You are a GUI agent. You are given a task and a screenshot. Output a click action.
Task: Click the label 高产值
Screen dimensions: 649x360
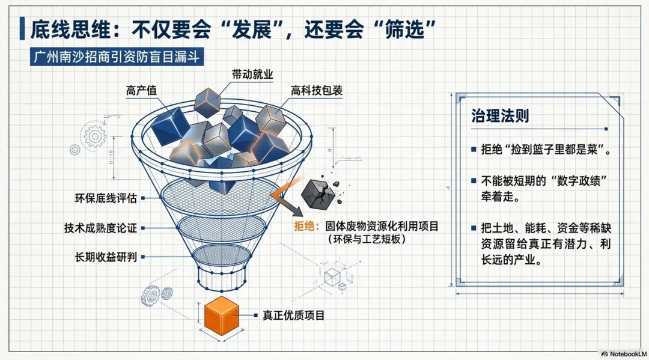[142, 91]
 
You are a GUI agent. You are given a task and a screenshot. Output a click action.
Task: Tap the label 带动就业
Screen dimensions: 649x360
[252, 75]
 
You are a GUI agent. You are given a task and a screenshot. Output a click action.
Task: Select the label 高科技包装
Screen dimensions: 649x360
[317, 91]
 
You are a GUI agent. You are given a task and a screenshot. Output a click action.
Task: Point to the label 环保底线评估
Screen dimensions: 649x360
[106, 198]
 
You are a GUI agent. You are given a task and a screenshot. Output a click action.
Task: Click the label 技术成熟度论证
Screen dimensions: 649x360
[100, 228]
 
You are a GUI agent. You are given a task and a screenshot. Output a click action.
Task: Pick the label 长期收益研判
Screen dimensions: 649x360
[106, 257]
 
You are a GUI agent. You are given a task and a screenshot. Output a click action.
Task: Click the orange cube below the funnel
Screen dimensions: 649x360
[222, 316]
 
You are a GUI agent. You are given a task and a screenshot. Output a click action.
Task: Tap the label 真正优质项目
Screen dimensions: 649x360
[293, 316]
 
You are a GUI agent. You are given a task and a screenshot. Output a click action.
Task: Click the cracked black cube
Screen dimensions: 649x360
[318, 194]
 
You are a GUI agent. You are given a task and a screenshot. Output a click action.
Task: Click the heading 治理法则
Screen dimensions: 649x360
[500, 115]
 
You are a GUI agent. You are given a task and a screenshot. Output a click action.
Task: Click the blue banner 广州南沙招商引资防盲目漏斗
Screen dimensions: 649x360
[117, 56]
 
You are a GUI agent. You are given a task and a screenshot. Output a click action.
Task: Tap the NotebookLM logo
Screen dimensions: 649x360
[624, 354]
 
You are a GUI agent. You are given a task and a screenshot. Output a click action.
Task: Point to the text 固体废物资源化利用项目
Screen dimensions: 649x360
[382, 227]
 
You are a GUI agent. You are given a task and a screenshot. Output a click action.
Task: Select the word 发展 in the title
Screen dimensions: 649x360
[251, 29]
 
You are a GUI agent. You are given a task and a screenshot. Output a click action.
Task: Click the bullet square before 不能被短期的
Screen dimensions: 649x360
[474, 181]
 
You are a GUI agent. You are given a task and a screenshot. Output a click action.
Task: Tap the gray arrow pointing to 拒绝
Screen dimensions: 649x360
[285, 200]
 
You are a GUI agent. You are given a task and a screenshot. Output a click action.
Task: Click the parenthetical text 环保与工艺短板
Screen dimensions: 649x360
[367, 239]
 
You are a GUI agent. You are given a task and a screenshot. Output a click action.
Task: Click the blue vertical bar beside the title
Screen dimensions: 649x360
[22, 28]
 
